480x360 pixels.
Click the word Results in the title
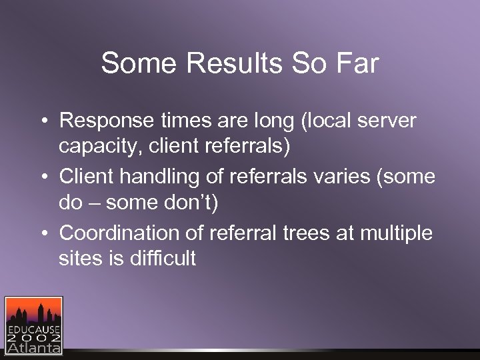pos(233,64)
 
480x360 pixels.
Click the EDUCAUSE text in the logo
pos(33,330)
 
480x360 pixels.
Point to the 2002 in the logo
pos(33,339)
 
